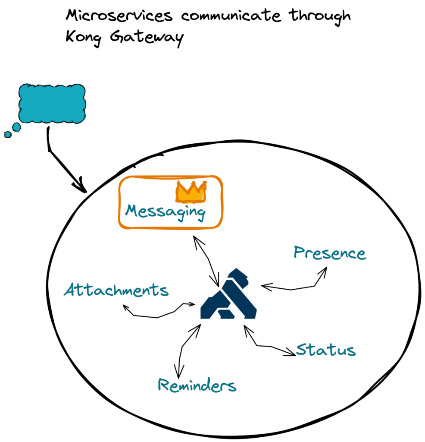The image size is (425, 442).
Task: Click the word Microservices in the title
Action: click(119, 16)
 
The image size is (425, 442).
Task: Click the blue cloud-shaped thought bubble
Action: click(52, 104)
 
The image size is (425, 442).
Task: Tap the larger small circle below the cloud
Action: click(16, 127)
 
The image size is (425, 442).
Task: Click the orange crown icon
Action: click(191, 192)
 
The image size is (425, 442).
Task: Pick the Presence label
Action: click(330, 253)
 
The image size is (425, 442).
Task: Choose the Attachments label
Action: click(116, 290)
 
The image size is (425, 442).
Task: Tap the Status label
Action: click(326, 350)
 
